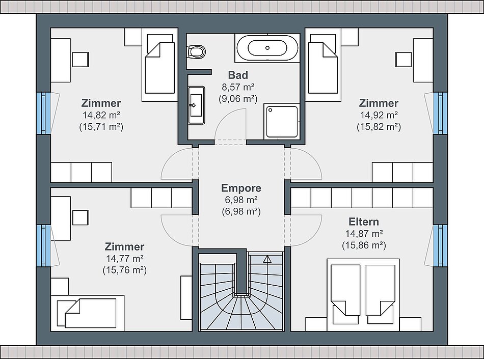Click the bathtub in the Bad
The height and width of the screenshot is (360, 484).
click(x=267, y=48)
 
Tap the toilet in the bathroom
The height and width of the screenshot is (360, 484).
click(x=196, y=51)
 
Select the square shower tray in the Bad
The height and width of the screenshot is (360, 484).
click(x=282, y=121)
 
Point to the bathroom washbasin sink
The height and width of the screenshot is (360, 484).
click(x=196, y=105)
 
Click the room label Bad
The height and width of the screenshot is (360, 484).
click(x=238, y=75)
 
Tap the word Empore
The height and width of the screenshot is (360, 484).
click(x=241, y=188)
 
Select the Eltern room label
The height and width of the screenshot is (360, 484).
click(x=364, y=221)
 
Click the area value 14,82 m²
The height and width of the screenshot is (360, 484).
click(x=101, y=115)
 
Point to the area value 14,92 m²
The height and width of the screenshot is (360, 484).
click(x=379, y=115)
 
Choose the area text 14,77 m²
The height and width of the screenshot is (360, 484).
click(x=125, y=258)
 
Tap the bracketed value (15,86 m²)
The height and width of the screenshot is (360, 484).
click(x=364, y=245)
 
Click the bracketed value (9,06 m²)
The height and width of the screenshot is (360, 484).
click(x=238, y=99)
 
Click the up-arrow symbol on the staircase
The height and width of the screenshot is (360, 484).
click(x=267, y=259)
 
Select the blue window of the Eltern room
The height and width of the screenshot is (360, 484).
click(x=440, y=245)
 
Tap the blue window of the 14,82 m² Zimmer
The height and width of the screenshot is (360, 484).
click(x=43, y=113)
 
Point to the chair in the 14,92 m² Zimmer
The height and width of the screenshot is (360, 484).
click(x=403, y=60)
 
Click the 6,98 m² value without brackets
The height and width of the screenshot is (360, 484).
click(x=241, y=200)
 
